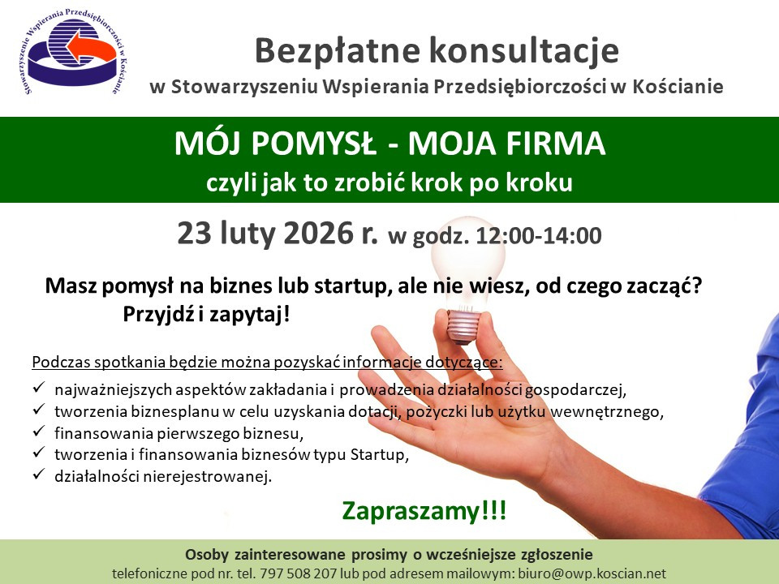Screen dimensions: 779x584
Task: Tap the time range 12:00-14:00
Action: (539, 235)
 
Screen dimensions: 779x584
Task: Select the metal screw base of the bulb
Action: (463, 326)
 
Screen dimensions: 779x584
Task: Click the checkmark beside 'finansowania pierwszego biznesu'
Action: (39, 432)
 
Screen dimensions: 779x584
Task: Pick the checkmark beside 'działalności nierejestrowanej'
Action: (39, 474)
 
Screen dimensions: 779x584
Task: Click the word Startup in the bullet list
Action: (378, 455)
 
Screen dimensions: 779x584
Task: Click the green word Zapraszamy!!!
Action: (424, 511)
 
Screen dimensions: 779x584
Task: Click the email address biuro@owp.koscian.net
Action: (592, 573)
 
